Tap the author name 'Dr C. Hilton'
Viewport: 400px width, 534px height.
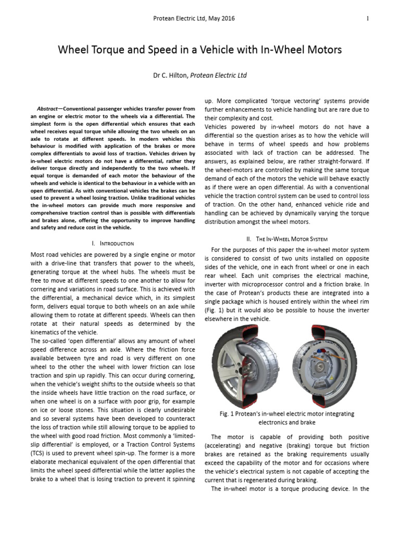pyautogui.click(x=170, y=75)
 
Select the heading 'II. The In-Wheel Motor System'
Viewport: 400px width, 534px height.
pyautogui.click(x=286, y=239)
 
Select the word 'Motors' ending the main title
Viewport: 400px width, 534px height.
pyautogui.click(x=323, y=50)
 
